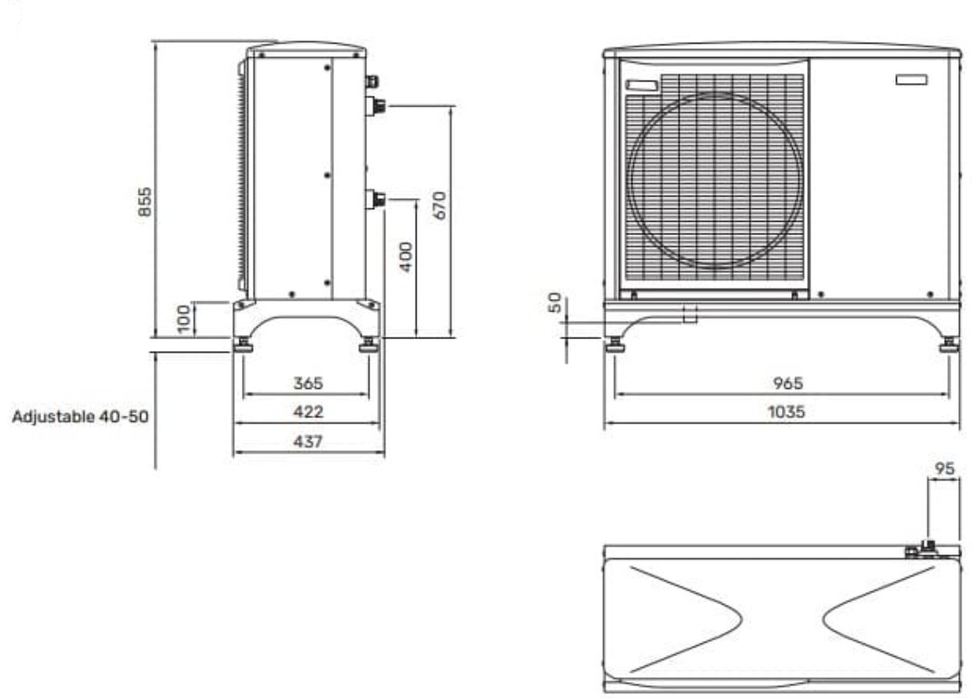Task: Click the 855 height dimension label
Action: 144,202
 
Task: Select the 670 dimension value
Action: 439,205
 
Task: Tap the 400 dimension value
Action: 406,257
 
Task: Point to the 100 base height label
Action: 183,318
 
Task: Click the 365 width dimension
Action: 308,383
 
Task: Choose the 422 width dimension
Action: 308,412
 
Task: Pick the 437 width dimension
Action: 308,442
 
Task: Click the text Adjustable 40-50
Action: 81,416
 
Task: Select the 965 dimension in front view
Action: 788,383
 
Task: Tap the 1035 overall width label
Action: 787,412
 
